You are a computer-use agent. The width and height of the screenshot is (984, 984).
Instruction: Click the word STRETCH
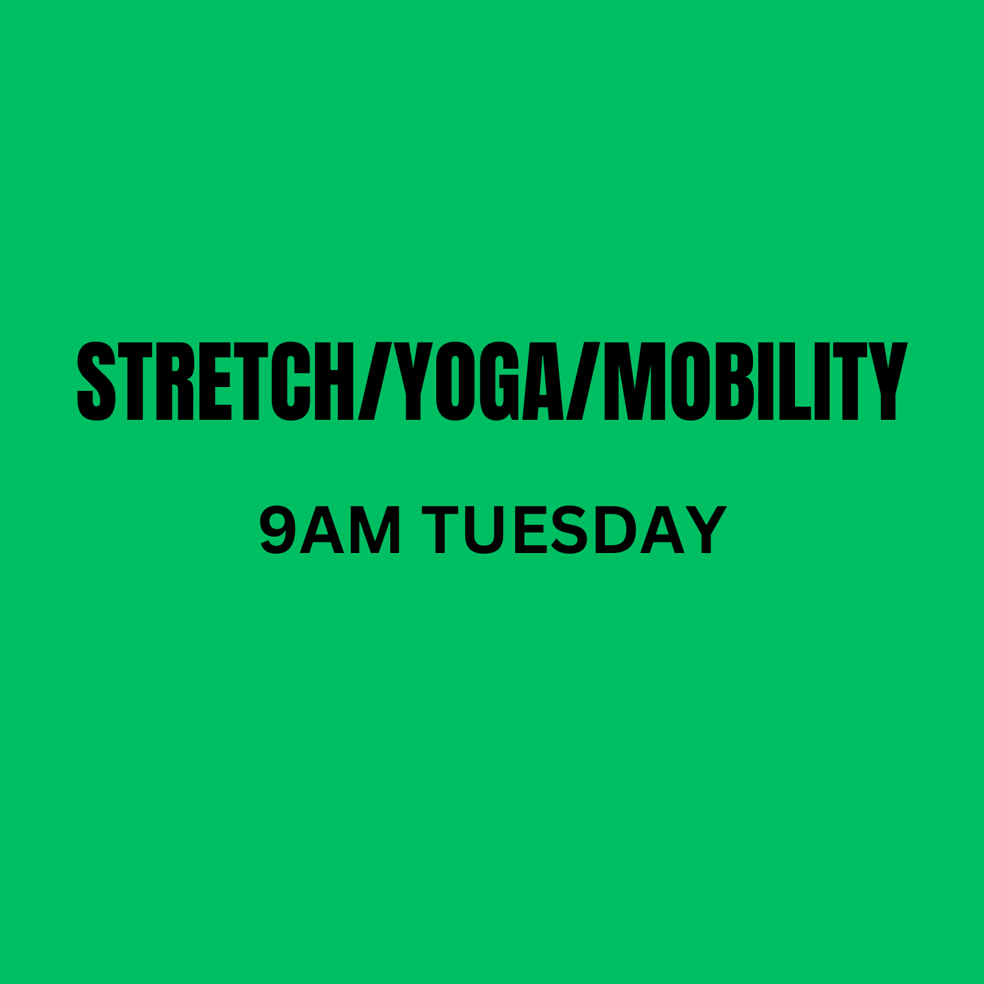pos(215,381)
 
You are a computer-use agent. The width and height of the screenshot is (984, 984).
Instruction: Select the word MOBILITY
pos(754,381)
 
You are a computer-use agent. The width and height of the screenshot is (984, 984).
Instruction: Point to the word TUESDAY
pos(575,530)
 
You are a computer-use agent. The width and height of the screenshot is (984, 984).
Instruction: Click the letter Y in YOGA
pos(412,381)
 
